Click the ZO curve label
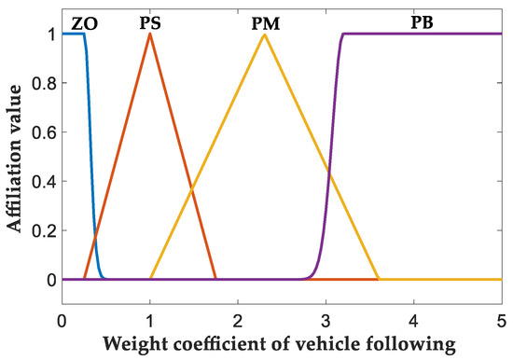(84, 20)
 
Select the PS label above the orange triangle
(149, 20)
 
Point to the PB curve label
(423, 20)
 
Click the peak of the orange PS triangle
(149, 35)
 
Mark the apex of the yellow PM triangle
(264, 35)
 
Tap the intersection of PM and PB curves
(328, 172)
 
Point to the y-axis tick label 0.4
(42, 181)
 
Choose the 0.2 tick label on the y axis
(42, 230)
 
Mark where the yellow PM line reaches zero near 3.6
(378, 279)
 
